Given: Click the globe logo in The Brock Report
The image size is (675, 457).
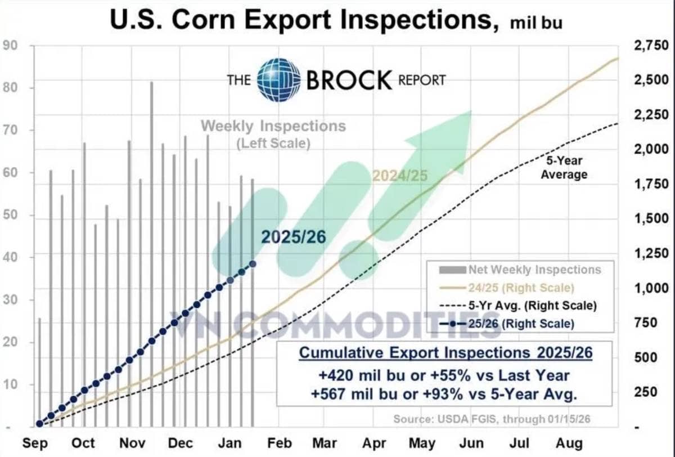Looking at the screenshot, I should click(278, 79).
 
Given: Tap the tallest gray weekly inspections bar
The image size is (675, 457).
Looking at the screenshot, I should click(151, 253).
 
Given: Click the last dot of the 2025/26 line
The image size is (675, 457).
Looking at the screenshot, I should click(253, 264).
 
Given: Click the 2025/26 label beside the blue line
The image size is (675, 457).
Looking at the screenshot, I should click(293, 238).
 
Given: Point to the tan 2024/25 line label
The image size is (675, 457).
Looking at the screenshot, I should click(400, 176).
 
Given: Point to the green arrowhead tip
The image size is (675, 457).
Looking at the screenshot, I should click(471, 111).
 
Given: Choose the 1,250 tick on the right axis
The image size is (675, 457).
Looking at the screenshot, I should click(651, 254).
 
